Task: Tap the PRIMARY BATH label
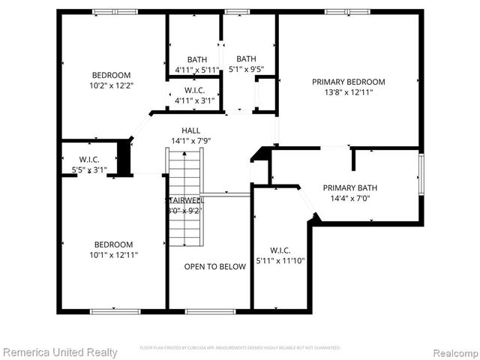[x=350, y=188]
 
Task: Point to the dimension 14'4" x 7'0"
[x=350, y=199]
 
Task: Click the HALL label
[x=191, y=130]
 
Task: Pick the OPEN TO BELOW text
[x=215, y=266]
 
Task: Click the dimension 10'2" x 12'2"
[x=111, y=85]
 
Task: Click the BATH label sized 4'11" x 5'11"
[x=197, y=59]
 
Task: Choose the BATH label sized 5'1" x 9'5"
[x=246, y=59]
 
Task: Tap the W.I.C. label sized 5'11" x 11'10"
[x=280, y=250]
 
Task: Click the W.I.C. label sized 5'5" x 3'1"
[x=89, y=159]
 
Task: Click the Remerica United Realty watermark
[x=60, y=352]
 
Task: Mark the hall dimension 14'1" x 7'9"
[x=191, y=140]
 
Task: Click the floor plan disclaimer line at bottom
[x=240, y=348]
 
